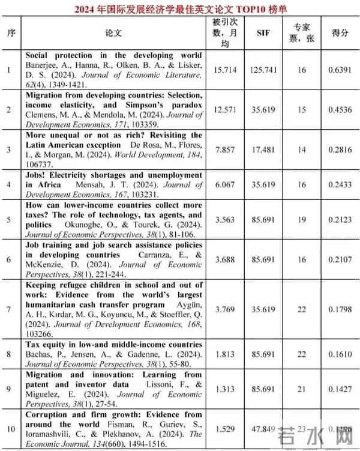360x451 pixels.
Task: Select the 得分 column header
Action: pos(340,33)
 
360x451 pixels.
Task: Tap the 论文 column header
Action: pos(113,33)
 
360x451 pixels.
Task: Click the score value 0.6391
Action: pos(340,70)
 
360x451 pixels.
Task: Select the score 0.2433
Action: pos(340,184)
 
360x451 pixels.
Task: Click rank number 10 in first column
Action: pos(10,429)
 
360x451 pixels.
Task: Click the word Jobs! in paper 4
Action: pos(37,175)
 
